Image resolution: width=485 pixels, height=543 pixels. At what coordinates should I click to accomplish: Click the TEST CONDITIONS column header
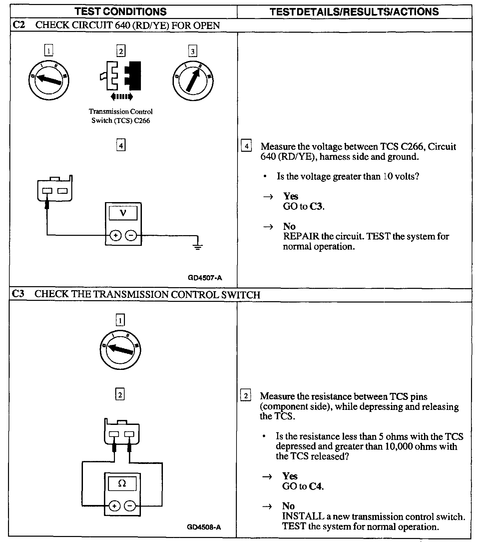[121, 12]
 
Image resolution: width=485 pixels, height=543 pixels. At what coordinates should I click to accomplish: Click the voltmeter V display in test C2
[123, 213]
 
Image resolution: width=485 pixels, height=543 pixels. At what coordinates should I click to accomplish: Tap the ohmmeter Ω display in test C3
[122, 483]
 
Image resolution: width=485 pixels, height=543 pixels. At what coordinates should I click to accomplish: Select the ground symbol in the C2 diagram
[198, 247]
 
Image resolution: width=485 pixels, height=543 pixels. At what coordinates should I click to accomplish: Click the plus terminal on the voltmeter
[115, 236]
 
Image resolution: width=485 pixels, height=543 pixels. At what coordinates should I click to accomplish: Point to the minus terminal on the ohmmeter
[130, 506]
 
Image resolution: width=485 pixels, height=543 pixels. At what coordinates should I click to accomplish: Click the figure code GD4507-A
[205, 277]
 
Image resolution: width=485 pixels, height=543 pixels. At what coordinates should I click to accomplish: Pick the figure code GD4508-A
[204, 527]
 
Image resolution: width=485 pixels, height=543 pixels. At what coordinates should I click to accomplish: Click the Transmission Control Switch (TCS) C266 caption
[121, 116]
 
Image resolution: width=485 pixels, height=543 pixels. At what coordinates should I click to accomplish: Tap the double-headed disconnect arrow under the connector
[122, 97]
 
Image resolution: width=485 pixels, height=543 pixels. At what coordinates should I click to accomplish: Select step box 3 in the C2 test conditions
[193, 51]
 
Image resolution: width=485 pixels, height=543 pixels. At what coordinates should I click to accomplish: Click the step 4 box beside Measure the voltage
[246, 146]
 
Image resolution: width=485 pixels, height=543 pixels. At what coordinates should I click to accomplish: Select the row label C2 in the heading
[19, 25]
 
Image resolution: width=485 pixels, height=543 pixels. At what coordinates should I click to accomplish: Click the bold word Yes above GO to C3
[291, 196]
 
